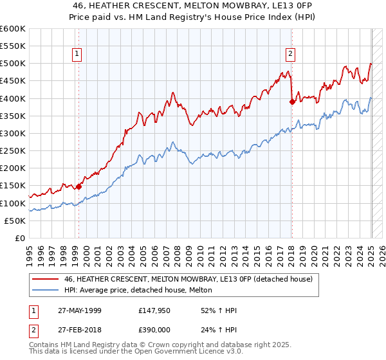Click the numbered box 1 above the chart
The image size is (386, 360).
[77, 55]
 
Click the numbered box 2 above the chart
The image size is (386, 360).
[291, 55]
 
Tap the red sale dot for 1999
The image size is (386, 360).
[78, 186]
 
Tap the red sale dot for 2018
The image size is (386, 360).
[292, 101]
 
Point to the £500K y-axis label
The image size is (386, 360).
[13, 64]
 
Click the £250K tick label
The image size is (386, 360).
[13, 151]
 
